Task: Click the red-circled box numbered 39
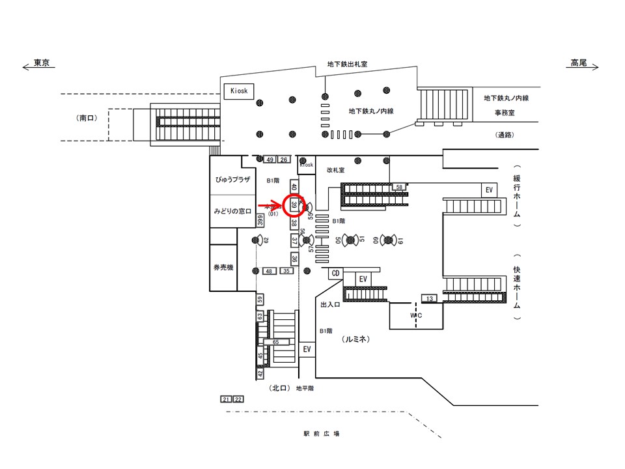tap(294, 205)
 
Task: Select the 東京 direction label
tap(41, 63)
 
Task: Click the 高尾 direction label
tap(579, 63)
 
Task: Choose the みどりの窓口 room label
tap(232, 211)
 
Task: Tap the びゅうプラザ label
tap(232, 178)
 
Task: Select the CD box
tap(336, 274)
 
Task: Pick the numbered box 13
tap(430, 298)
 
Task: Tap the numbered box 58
tap(400, 187)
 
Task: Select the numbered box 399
tap(260, 221)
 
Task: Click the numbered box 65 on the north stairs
tap(276, 341)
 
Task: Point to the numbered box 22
tap(238, 399)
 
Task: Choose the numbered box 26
tap(283, 160)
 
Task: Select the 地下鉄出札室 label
tap(347, 64)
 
